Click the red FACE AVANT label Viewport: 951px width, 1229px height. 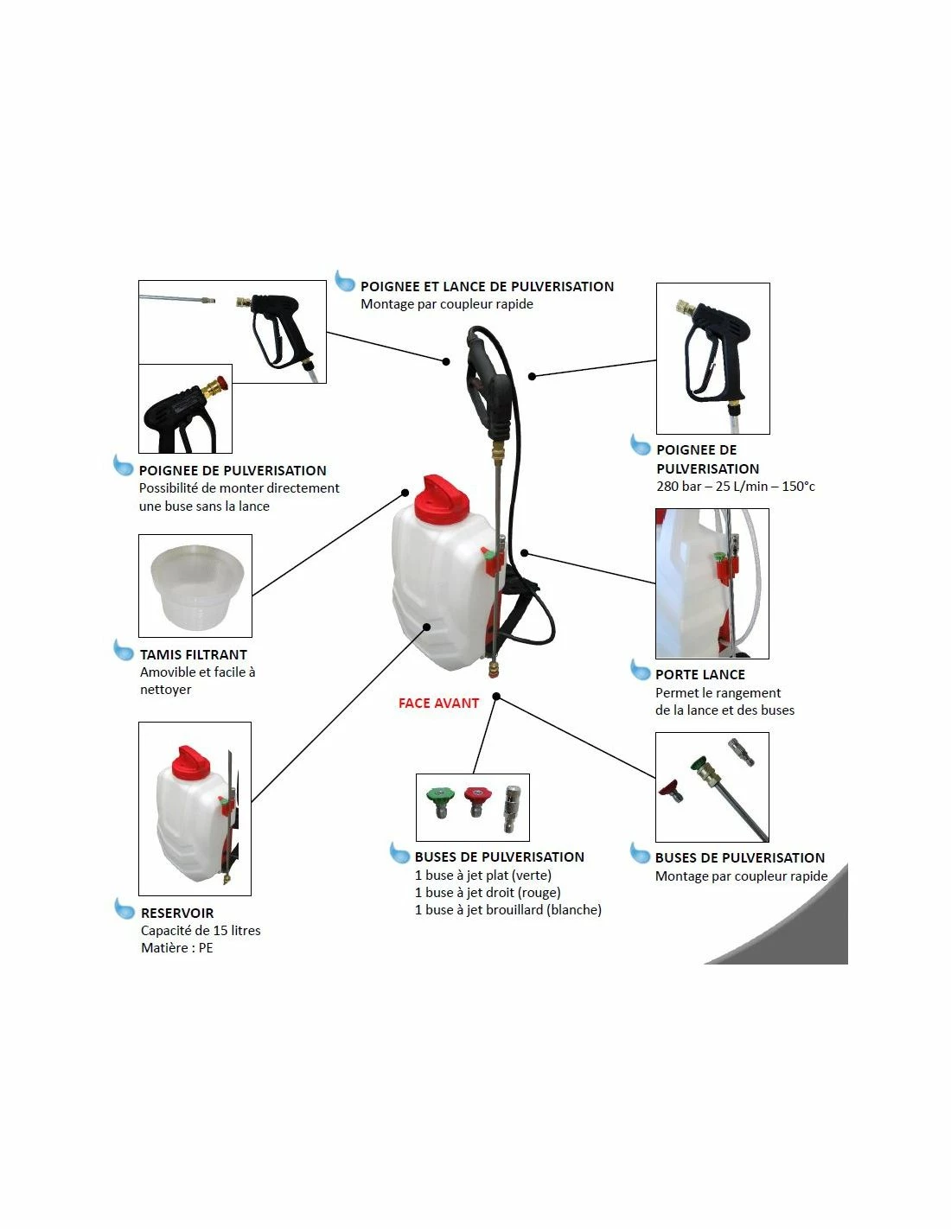tap(438, 703)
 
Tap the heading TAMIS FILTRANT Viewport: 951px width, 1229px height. tap(194, 655)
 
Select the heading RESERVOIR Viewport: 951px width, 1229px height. tap(177, 913)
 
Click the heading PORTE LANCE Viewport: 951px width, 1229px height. tap(699, 675)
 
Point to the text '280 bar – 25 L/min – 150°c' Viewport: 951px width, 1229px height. tap(736, 487)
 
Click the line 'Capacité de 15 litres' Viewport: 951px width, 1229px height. tap(201, 930)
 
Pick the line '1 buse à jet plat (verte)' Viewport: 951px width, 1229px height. tap(483, 875)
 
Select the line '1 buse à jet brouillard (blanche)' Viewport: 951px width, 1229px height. tap(508, 909)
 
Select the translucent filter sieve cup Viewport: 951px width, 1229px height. tap(195, 585)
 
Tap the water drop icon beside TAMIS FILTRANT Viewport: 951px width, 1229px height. tap(124, 650)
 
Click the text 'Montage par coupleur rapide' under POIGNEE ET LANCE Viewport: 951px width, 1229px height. tap(447, 303)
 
